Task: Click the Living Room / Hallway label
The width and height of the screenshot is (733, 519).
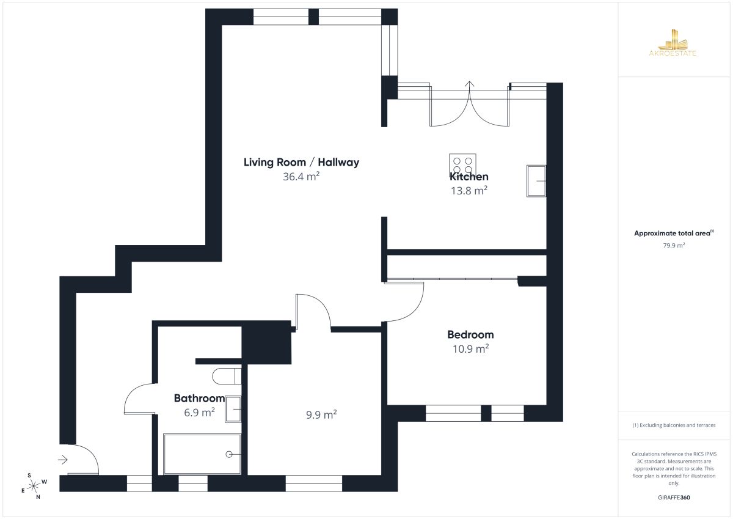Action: pyautogui.click(x=301, y=162)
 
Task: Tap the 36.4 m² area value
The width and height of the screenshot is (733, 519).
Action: pyautogui.click(x=301, y=177)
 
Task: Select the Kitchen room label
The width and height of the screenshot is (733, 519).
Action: pyautogui.click(x=469, y=177)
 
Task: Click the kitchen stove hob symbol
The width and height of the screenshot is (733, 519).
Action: pyautogui.click(x=462, y=166)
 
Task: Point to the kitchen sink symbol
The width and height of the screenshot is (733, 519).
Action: pyautogui.click(x=536, y=181)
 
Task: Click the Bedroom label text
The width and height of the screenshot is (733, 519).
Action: pyautogui.click(x=470, y=334)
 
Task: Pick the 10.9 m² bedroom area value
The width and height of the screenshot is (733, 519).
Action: pyautogui.click(x=470, y=348)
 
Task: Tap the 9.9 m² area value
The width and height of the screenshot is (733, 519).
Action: pyautogui.click(x=321, y=414)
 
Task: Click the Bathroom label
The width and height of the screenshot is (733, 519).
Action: pyautogui.click(x=199, y=398)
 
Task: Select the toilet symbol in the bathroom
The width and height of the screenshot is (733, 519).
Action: pyautogui.click(x=227, y=376)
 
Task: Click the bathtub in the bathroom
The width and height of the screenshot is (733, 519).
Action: pyautogui.click(x=202, y=454)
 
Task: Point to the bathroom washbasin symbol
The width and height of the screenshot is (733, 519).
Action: pyautogui.click(x=233, y=410)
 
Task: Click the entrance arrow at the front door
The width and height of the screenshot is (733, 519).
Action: pyautogui.click(x=63, y=460)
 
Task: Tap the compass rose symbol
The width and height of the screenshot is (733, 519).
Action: pyautogui.click(x=34, y=486)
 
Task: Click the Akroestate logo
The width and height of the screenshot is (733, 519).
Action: pyautogui.click(x=673, y=43)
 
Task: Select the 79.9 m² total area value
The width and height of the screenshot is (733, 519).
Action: pyautogui.click(x=674, y=245)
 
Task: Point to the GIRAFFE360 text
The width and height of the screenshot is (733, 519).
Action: pyautogui.click(x=674, y=498)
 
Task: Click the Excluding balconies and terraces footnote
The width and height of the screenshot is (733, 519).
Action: pyautogui.click(x=674, y=425)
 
